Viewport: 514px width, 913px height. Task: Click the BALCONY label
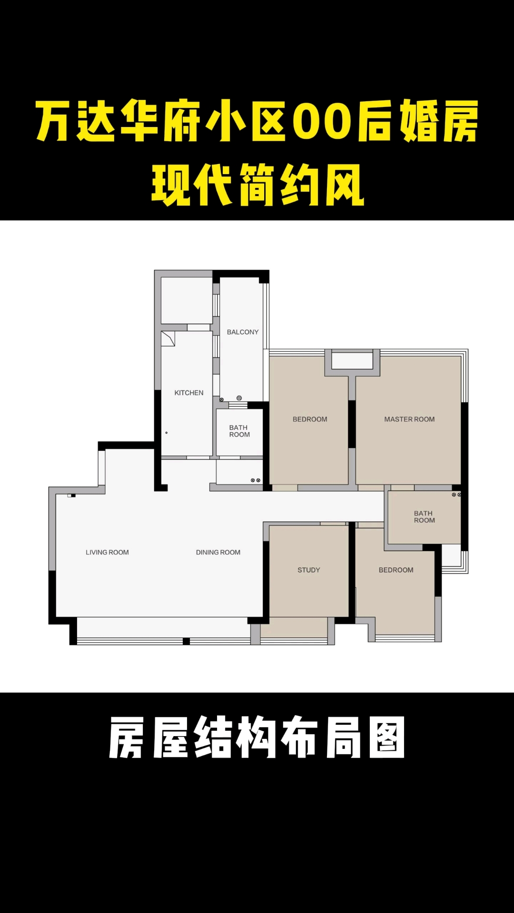tap(243, 332)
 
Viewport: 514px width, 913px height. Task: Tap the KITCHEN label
tap(189, 393)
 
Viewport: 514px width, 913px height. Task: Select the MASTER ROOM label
tap(409, 419)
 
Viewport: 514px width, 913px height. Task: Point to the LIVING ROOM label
tap(107, 552)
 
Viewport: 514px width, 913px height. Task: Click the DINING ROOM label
tap(218, 552)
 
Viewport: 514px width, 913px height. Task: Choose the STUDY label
tap(309, 570)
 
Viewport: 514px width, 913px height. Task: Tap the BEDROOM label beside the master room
tap(310, 419)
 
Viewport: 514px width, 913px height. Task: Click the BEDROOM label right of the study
tap(396, 570)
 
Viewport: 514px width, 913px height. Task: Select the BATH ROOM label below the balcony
tap(239, 431)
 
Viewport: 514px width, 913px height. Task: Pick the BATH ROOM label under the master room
tap(424, 516)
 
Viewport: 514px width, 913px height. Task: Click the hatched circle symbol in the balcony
tap(239, 398)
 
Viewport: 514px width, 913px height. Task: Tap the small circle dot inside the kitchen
tap(167, 433)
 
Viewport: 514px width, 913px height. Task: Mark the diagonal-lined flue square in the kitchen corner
tap(168, 339)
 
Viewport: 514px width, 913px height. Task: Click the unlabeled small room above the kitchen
tap(187, 301)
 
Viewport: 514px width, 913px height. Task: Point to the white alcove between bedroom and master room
tap(352, 361)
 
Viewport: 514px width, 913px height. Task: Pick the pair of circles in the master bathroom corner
tap(456, 495)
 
